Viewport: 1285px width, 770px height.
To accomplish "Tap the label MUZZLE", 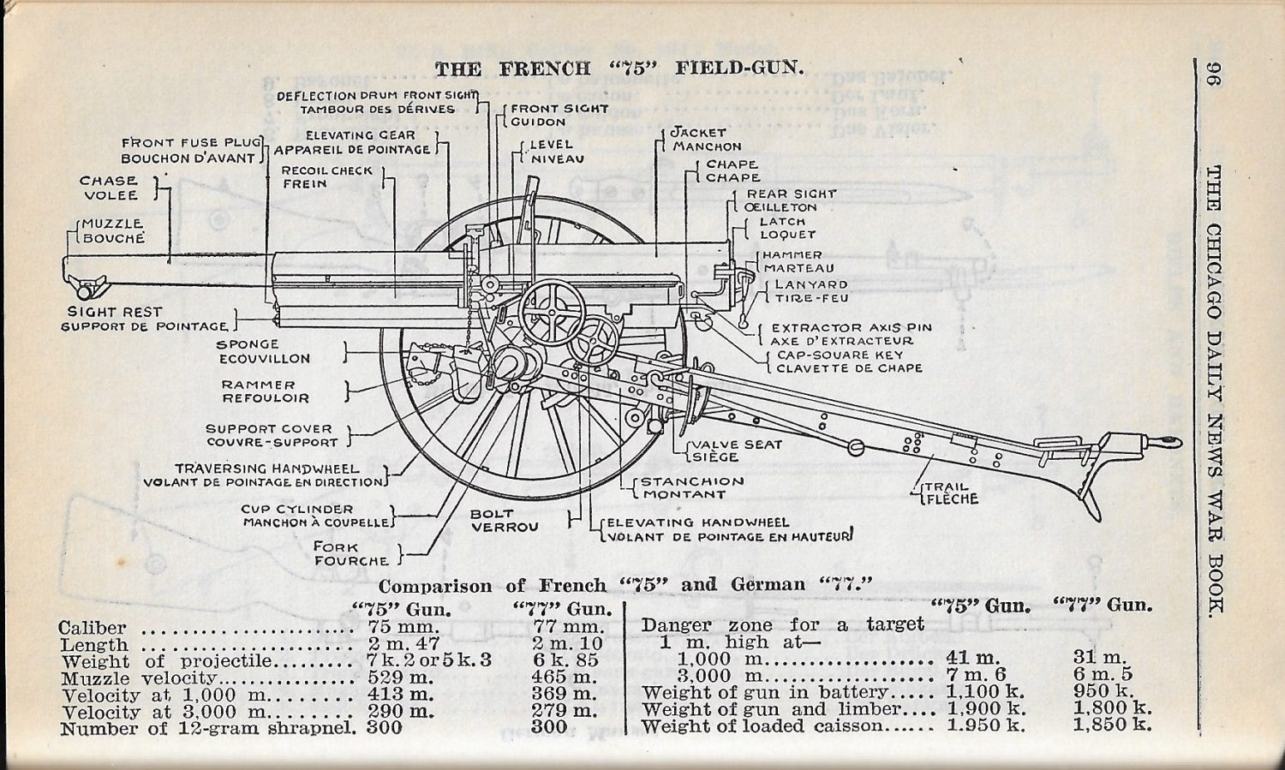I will point(112,224).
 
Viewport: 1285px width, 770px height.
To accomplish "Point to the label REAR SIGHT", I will point(791,194).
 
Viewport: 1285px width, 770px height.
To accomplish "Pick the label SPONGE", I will point(248,344).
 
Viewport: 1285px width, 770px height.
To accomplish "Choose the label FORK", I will point(336,546).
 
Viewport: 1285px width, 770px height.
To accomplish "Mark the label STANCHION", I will point(692,481).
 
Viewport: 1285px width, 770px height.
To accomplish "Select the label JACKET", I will point(698,133).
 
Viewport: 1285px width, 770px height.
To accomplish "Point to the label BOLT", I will point(491,514).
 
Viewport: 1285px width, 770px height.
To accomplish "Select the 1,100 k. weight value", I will point(986,692).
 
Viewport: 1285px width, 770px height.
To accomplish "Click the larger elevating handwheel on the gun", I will point(552,313).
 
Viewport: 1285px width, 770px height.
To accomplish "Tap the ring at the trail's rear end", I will point(1168,442).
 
